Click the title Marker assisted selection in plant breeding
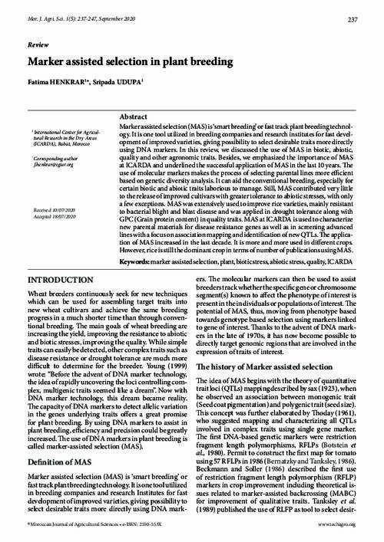pyautogui.click(x=131, y=64)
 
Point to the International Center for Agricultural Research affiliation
pyautogui.click(x=61, y=138)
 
